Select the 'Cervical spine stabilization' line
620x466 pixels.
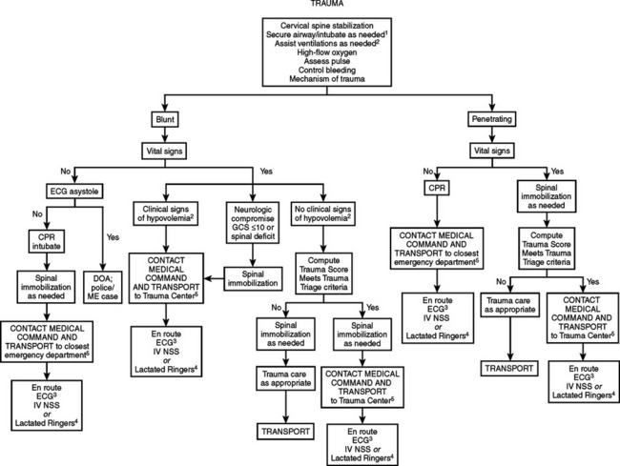point(310,23)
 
